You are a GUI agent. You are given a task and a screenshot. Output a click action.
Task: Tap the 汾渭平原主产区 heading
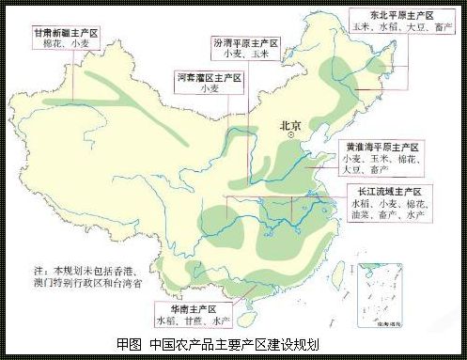point(247,43)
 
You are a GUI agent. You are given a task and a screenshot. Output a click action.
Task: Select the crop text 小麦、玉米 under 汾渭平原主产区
point(246,56)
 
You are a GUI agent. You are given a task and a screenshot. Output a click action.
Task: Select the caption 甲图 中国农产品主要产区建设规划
point(231,346)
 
